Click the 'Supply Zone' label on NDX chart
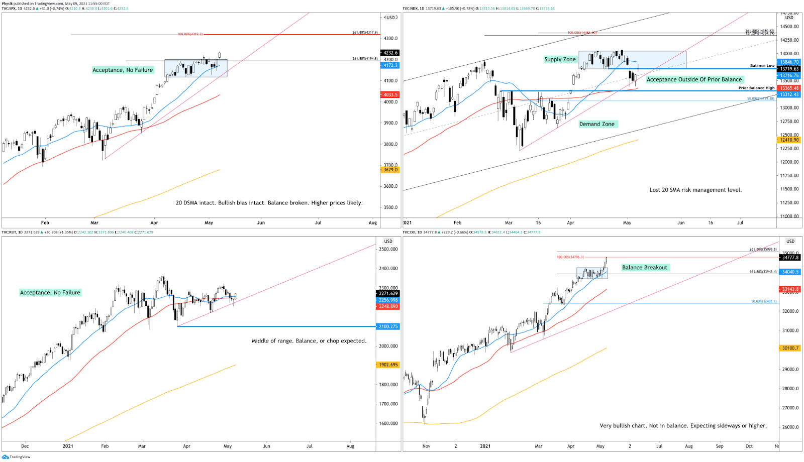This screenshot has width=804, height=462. click(560, 59)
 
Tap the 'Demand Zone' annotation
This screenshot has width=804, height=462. click(596, 124)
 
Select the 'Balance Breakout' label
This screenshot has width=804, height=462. click(645, 268)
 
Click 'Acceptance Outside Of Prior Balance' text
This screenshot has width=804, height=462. click(694, 79)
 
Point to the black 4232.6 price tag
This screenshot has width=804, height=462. click(390, 53)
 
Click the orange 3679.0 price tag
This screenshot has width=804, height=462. click(390, 170)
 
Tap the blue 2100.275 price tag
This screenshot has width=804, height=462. click(387, 326)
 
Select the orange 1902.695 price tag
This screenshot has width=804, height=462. click(387, 365)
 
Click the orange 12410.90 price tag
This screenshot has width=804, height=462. click(789, 140)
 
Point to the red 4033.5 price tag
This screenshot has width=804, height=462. click(390, 94)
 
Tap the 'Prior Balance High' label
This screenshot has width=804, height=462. click(756, 88)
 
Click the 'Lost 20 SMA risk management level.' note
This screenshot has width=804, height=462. click(695, 190)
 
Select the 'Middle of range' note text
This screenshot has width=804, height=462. click(309, 341)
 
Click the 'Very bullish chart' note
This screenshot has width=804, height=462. click(683, 426)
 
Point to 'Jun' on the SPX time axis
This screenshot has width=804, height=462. click(261, 222)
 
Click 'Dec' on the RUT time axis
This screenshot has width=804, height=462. click(25, 446)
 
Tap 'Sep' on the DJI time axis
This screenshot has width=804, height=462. click(720, 446)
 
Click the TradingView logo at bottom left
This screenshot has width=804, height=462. click(16, 457)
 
